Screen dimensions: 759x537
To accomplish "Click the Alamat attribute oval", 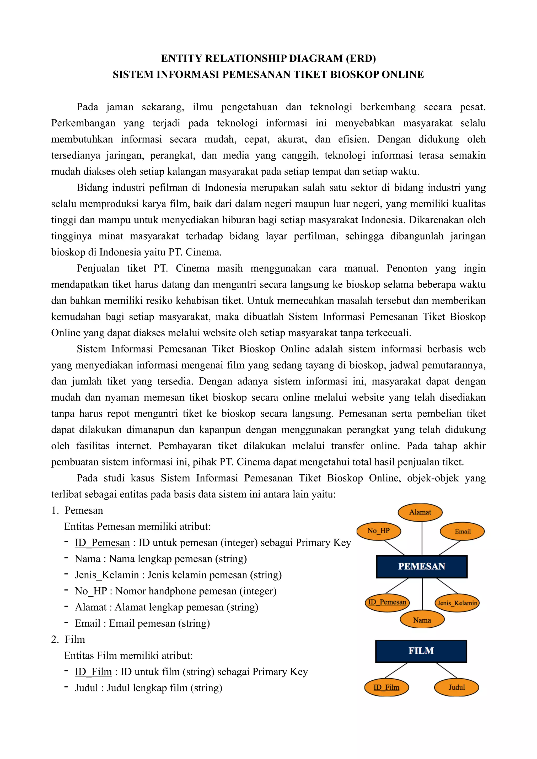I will [x=420, y=512].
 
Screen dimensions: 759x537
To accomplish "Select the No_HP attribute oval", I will [x=379, y=530].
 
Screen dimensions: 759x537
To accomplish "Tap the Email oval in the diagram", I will [x=462, y=531].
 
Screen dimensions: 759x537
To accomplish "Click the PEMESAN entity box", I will [x=422, y=566].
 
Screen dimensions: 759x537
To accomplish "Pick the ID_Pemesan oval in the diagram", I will [x=387, y=602].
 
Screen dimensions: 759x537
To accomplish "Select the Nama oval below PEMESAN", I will [x=422, y=620].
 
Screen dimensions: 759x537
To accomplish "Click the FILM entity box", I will [x=421, y=651].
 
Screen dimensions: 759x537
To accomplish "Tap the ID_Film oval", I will [x=386, y=687].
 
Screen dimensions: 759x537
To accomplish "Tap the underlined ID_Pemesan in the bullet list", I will [x=102, y=543].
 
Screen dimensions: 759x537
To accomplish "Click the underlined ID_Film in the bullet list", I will [x=93, y=671].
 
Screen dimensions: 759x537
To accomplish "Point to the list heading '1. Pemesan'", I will [x=77, y=510].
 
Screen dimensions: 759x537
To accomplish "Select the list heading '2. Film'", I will [x=68, y=639].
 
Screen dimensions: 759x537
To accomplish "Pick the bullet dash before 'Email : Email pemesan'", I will [x=66, y=622].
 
